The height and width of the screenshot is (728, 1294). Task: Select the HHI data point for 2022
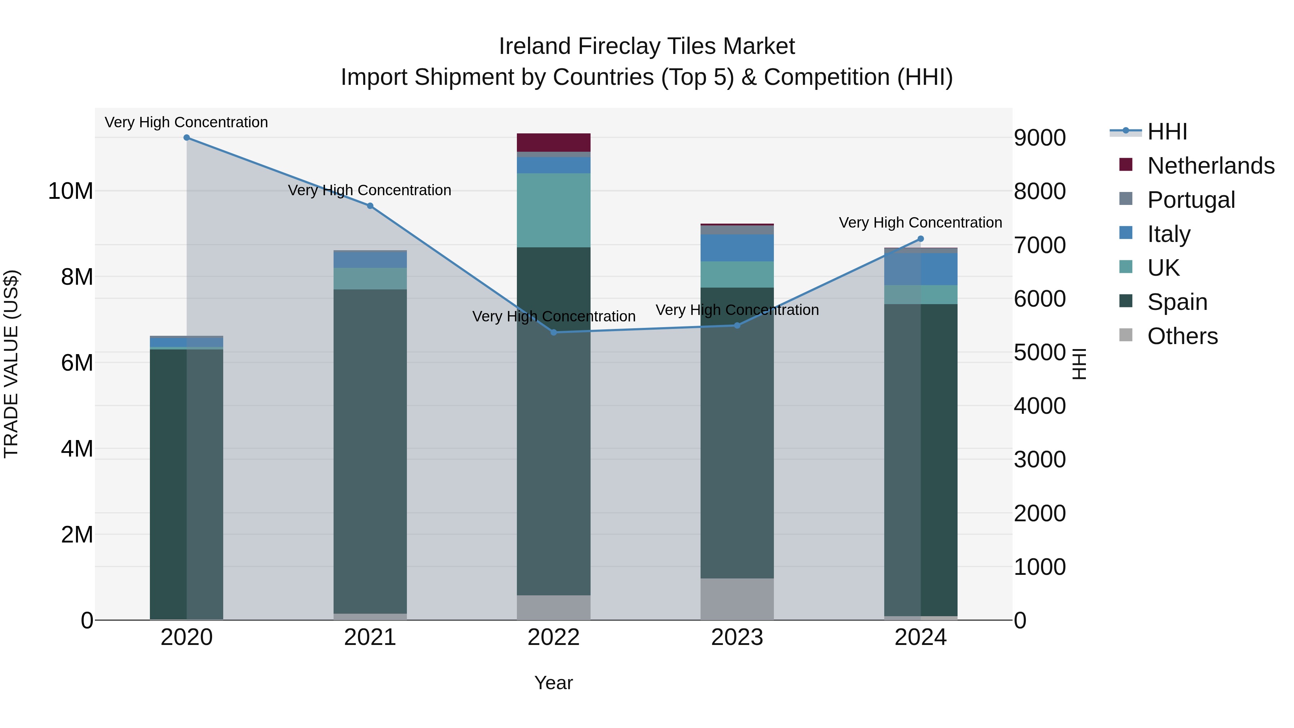(554, 332)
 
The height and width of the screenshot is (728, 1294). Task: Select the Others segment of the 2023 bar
(737, 599)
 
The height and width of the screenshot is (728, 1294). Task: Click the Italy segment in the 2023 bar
(737, 248)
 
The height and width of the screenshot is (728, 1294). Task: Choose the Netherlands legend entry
(1211, 166)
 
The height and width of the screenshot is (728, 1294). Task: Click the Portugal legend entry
(1190, 200)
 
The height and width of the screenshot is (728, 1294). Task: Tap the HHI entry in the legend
(1167, 132)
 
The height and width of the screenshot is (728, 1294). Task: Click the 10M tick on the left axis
(70, 191)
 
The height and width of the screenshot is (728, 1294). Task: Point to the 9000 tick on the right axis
(1039, 138)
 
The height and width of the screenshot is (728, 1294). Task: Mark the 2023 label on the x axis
(737, 637)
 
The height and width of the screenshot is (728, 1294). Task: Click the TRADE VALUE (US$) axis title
(11, 364)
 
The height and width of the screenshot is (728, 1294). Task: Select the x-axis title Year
(554, 683)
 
